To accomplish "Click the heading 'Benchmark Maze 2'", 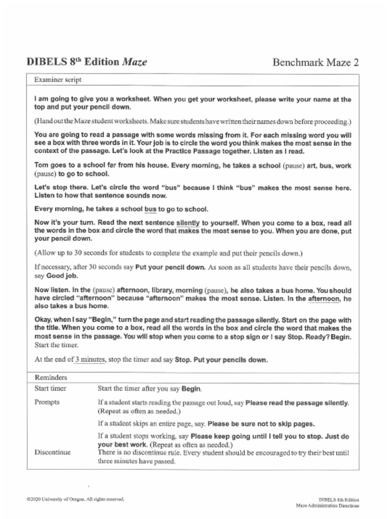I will [x=315, y=63].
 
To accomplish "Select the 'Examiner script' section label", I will [x=57, y=80].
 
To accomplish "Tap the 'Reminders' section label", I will [x=51, y=377].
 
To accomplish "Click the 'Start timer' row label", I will [x=50, y=389].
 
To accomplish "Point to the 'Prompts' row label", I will [x=47, y=402].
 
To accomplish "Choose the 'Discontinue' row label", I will [x=52, y=452].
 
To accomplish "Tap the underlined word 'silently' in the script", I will [x=188, y=223].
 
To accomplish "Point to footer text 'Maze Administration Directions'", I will [x=327, y=505].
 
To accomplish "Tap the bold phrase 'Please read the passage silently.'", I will [x=297, y=402].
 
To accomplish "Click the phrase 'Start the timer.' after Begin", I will [x=56, y=346].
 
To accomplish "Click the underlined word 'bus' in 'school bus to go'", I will [x=150, y=209].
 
